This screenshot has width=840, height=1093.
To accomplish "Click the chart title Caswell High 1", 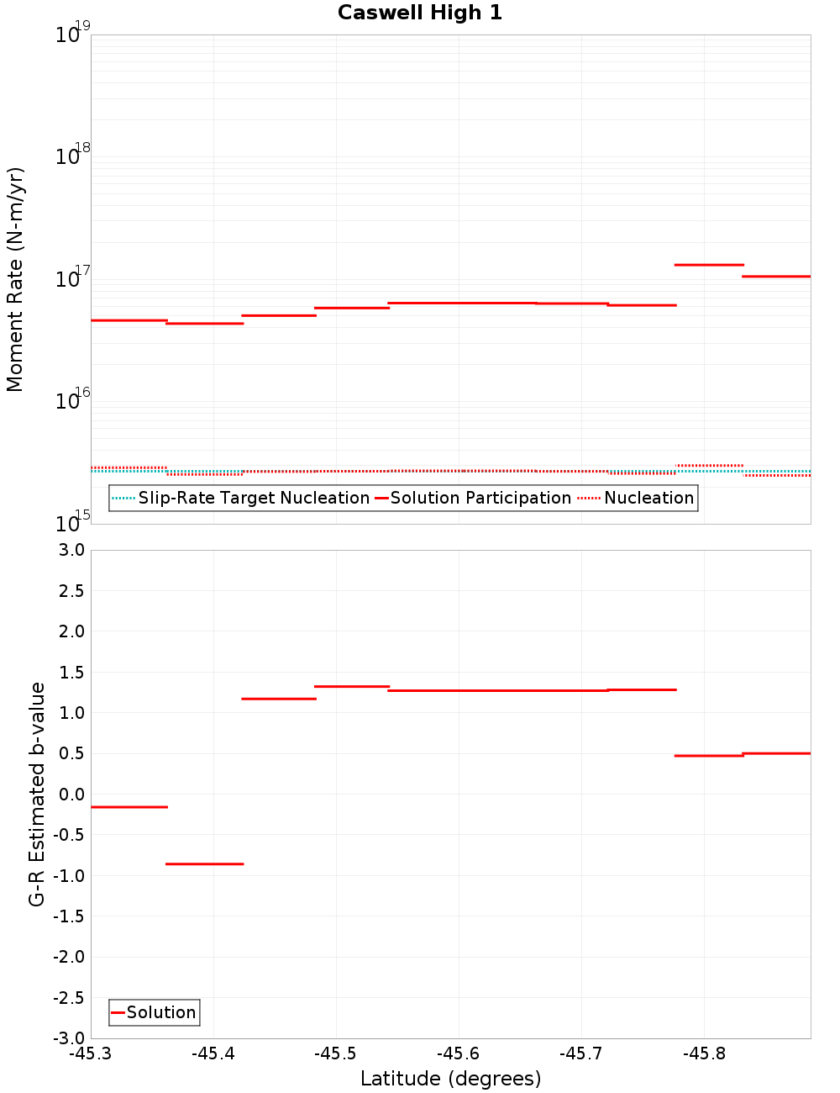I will [x=419, y=13].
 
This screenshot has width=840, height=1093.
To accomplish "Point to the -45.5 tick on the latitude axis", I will [x=336, y=1053].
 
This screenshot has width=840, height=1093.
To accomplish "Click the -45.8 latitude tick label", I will [x=704, y=1053].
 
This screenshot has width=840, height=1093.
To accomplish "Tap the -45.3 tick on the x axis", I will [x=91, y=1053].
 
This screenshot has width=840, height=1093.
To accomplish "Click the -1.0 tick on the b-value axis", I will [x=69, y=875].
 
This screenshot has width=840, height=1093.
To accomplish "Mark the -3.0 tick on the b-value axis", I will [x=69, y=1038].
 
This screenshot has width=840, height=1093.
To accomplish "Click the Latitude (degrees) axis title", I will [x=450, y=1079].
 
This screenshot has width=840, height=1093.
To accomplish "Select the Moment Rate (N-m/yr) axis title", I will [x=15, y=279].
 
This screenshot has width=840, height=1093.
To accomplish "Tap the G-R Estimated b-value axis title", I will [x=37, y=794].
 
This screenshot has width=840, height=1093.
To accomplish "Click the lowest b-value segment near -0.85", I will [x=204, y=863].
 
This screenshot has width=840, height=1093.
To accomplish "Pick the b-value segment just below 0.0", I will [x=129, y=807].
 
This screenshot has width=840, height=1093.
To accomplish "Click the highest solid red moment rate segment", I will [x=709, y=265].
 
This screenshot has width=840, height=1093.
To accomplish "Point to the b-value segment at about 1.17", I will [x=278, y=699].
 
